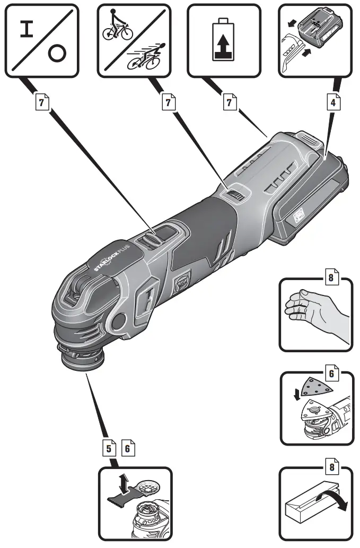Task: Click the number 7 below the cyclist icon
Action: click(168, 102)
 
